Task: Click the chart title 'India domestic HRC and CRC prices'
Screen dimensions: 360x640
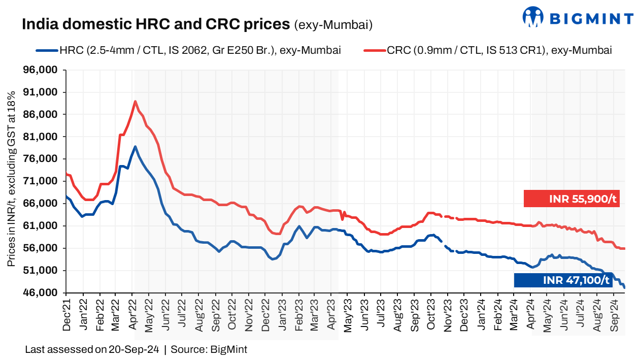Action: click(x=156, y=24)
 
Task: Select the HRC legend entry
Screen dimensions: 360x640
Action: click(x=188, y=50)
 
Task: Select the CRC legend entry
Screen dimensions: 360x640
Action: click(x=488, y=50)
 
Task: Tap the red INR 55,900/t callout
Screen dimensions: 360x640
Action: click(x=571, y=199)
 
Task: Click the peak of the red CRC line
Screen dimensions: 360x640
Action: click(x=135, y=101)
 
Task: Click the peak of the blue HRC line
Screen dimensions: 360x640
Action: click(x=135, y=146)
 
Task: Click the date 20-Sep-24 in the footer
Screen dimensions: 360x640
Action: click(x=134, y=349)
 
